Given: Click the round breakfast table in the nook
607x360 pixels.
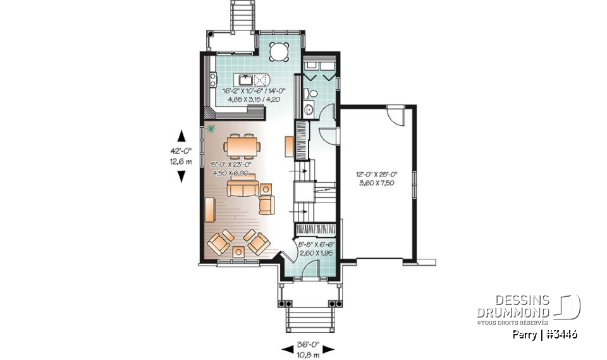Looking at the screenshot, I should coord(279,50).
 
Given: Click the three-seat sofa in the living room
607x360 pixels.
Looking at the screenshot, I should coord(243,189).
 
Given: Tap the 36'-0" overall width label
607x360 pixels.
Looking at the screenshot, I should coord(309,345).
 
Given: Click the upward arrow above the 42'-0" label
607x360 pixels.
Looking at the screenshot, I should coord(181,135).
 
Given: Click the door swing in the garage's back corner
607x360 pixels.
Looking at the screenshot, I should coord(394,116).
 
